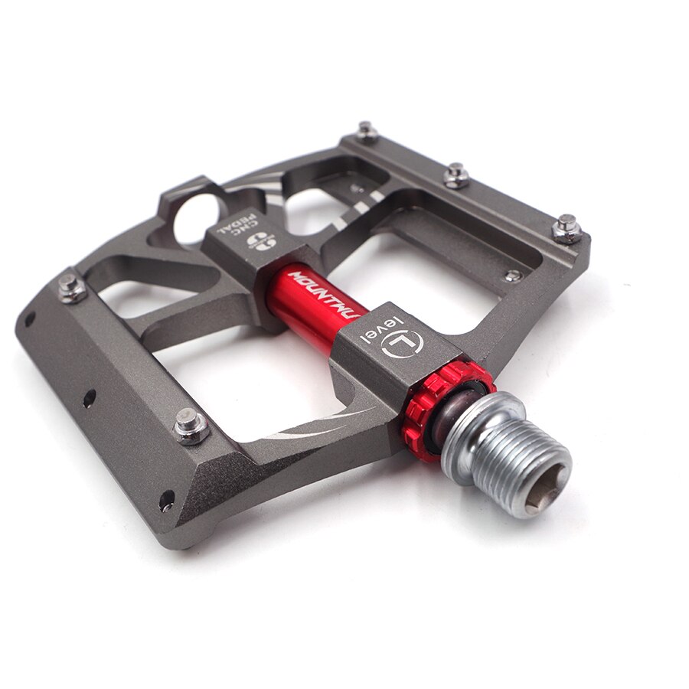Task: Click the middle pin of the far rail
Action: [x=456, y=175]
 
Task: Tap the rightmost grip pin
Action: [x=567, y=228]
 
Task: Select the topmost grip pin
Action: [x=367, y=131]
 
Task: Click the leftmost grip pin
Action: [x=70, y=286]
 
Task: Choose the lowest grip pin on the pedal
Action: [x=190, y=425]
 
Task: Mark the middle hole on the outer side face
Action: [x=90, y=398]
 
